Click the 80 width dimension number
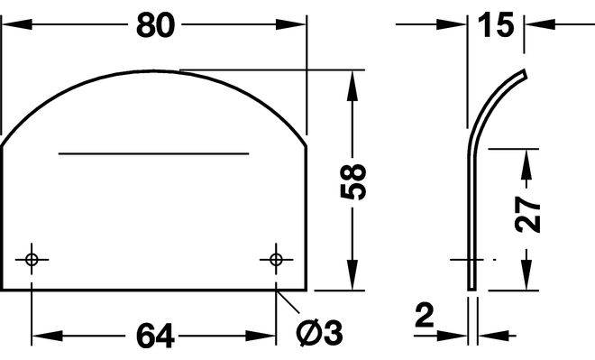(x=156, y=25)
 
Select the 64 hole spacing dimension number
(x=155, y=336)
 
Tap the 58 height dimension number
(x=353, y=182)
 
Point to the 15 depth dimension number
(x=496, y=25)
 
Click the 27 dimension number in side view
(x=527, y=214)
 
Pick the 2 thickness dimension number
(x=425, y=315)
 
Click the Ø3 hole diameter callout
(x=319, y=333)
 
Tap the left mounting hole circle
(x=32, y=260)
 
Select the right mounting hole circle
(x=276, y=260)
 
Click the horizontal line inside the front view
(x=153, y=153)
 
